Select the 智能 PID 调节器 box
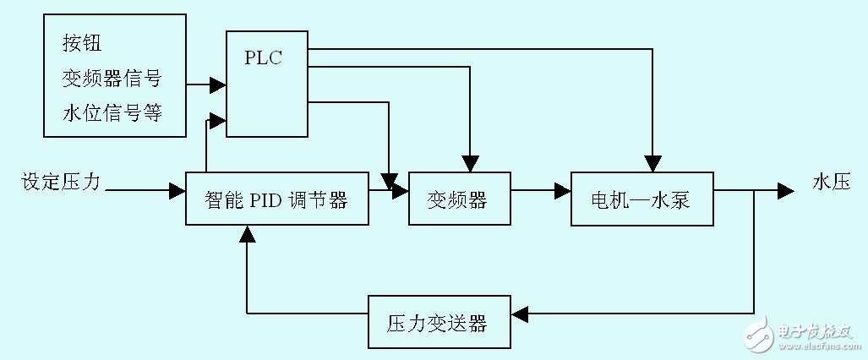click(276, 199)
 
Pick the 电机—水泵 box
click(641, 199)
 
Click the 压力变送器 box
click(439, 322)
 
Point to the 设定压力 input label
click(61, 182)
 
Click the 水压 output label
click(831, 182)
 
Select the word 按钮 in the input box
click(82, 43)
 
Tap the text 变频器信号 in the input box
click(111, 79)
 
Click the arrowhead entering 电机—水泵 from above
click(652, 164)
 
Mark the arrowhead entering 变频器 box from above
click(469, 164)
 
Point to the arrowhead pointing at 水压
click(785, 192)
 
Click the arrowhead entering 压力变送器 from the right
click(520, 314)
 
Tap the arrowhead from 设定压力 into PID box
click(177, 192)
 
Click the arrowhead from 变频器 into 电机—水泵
click(562, 192)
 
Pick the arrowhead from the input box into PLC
click(217, 85)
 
